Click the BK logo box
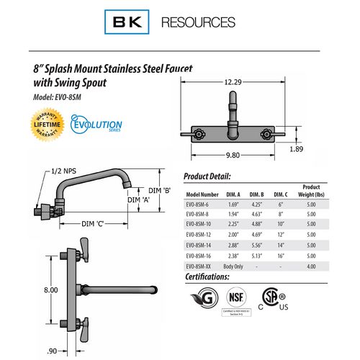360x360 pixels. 128,22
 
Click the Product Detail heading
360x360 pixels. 207,176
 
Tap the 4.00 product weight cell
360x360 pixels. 310,266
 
